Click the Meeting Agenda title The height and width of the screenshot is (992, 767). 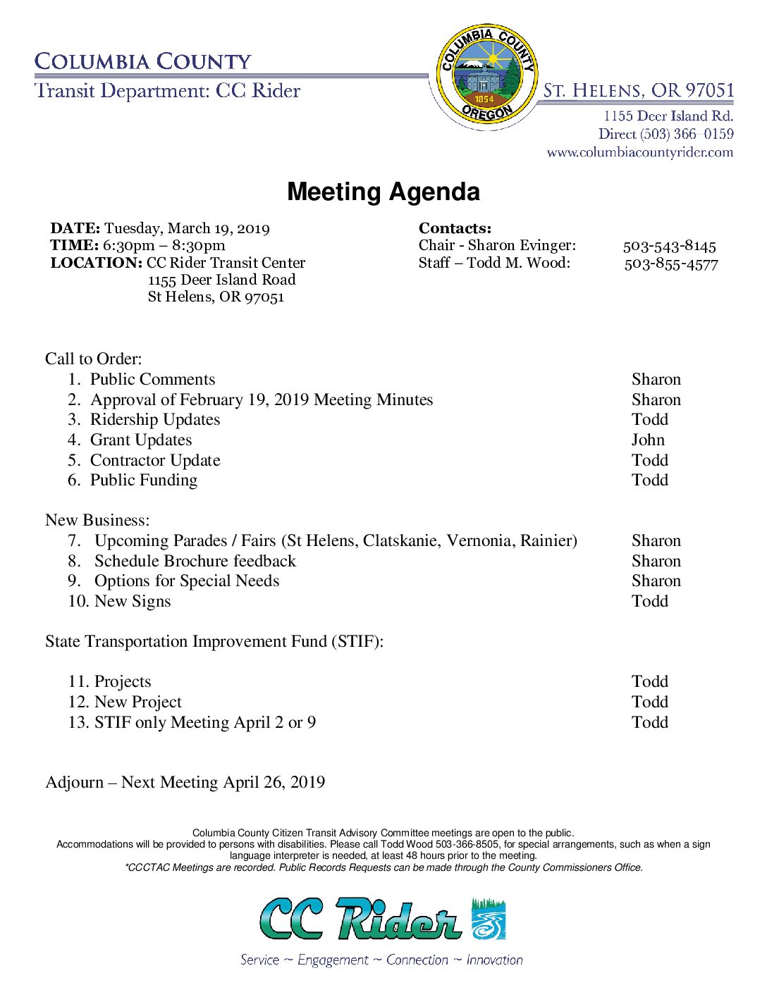tap(383, 192)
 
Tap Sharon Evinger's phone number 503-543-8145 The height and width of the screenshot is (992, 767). tap(669, 246)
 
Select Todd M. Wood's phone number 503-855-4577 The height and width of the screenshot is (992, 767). tap(670, 264)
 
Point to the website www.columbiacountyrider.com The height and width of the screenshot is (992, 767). tap(639, 152)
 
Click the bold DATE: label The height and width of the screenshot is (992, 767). tap(75, 228)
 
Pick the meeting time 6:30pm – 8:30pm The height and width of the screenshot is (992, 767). tap(164, 245)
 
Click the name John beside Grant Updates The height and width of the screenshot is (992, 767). tap(648, 440)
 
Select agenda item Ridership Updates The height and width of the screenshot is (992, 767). tap(155, 420)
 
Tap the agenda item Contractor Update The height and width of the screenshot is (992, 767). tap(155, 461)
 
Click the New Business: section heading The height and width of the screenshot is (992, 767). tap(97, 521)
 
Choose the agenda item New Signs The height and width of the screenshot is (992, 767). tap(133, 602)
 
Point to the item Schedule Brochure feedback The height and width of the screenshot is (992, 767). tap(195, 562)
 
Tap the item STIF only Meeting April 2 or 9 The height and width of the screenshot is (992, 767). tap(204, 723)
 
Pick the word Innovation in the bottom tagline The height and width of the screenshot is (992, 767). tap(494, 960)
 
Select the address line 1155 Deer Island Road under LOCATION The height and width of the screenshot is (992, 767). tap(221, 280)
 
